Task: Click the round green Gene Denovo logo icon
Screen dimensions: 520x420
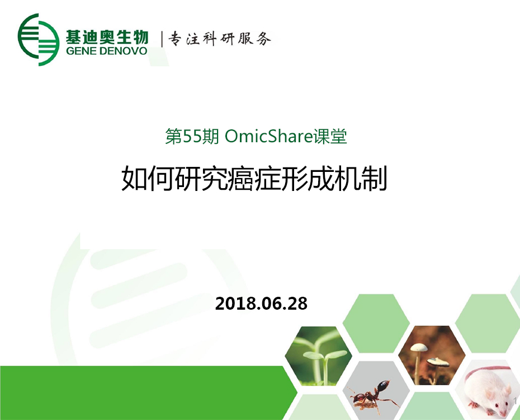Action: point(39,40)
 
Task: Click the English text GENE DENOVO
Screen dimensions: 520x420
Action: point(106,51)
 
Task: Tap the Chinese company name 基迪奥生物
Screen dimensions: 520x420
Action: point(106,36)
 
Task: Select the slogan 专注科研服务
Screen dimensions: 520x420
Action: point(220,39)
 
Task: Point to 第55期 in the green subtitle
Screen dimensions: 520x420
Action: point(192,137)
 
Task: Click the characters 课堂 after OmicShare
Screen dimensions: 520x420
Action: point(330,137)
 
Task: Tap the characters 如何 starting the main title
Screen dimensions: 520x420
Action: point(148,179)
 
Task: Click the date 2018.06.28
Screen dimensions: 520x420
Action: point(261,304)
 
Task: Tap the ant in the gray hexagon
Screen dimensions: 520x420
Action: point(373,395)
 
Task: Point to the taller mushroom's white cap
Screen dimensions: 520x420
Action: point(419,348)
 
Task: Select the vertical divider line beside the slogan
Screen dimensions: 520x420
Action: point(162,39)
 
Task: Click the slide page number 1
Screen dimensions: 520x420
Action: point(516,401)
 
